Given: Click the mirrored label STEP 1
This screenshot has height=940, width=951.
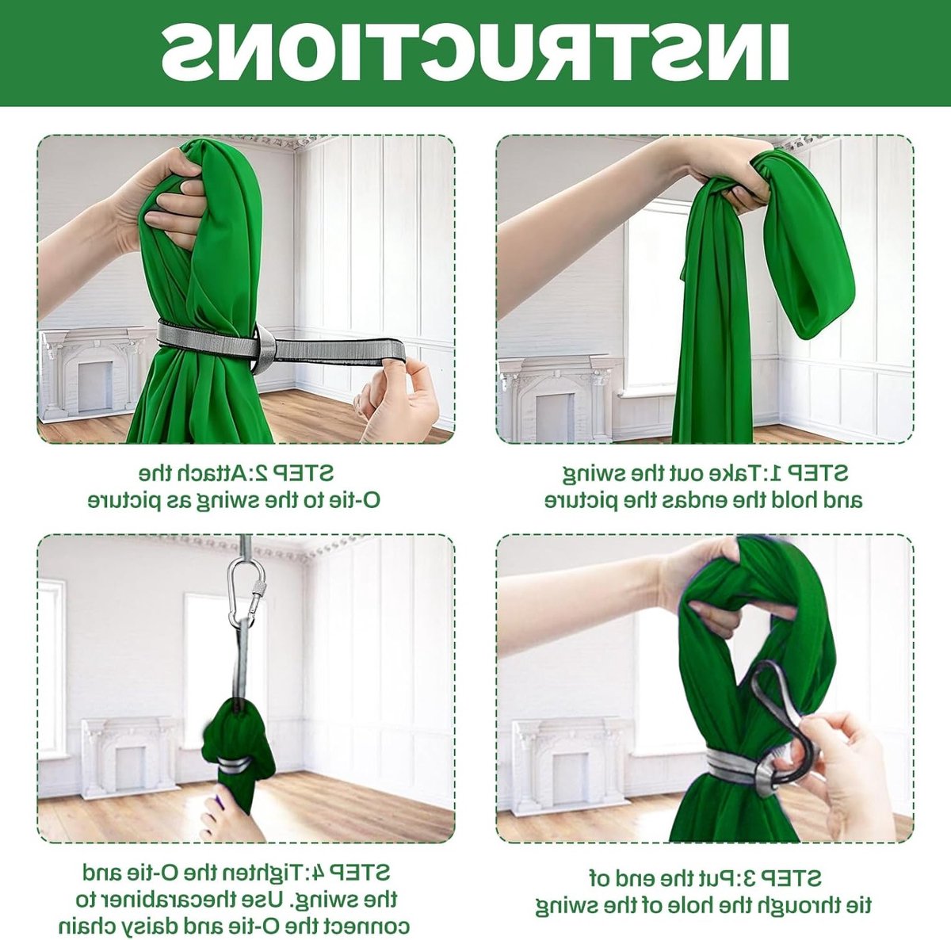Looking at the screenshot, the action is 815,473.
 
